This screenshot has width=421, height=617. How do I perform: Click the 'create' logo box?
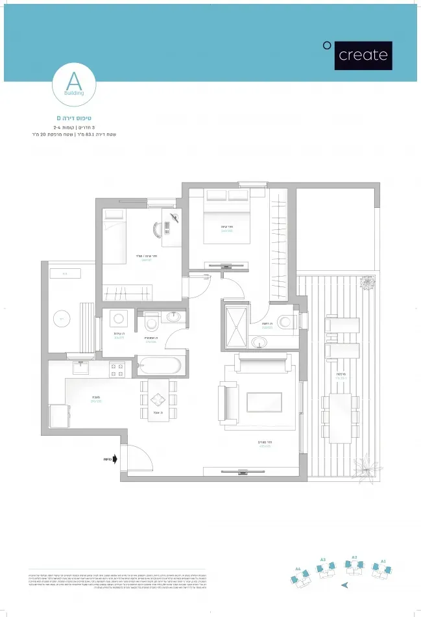363,55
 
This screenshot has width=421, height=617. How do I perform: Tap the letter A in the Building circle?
75,82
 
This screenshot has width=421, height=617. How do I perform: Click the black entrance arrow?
115,459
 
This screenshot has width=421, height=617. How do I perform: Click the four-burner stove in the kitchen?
117,370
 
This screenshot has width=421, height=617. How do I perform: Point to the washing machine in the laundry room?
119,319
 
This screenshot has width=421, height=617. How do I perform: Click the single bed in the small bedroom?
115,235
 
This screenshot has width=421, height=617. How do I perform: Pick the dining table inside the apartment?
158,399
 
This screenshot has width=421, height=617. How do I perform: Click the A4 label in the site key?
298,568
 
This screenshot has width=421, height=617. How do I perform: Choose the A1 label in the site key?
383,560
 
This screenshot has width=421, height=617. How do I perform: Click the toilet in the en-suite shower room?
286,321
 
